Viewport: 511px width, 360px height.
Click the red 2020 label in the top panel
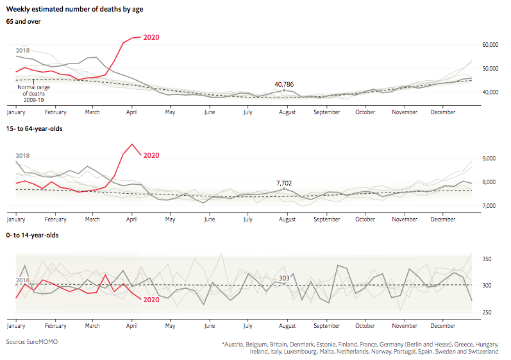(151, 37)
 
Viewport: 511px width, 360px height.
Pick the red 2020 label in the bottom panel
(151, 300)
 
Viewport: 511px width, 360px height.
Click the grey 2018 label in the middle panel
(23, 156)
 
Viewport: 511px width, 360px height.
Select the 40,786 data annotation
(285, 84)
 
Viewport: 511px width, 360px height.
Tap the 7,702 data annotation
(284, 183)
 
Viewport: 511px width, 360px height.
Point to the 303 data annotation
(284, 278)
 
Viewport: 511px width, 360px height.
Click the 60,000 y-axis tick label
(490, 45)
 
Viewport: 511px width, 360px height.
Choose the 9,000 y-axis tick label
(489, 158)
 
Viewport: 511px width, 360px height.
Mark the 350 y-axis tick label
(487, 259)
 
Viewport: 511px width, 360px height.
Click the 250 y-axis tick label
(487, 313)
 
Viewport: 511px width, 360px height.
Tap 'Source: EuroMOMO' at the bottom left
(32, 342)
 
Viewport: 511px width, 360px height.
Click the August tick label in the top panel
(287, 112)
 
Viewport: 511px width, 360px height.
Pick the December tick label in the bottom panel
(443, 325)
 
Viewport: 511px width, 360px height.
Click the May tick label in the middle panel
(170, 219)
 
